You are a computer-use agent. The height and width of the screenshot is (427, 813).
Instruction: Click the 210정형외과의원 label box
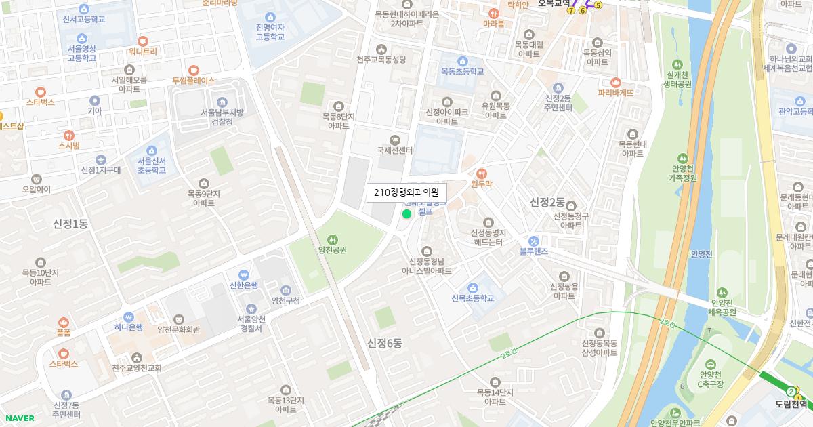click(x=406, y=193)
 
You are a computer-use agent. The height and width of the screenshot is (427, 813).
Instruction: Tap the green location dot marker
click(x=406, y=214)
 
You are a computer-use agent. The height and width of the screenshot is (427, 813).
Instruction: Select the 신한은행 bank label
click(x=244, y=285)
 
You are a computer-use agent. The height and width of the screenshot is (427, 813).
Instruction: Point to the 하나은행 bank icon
click(x=128, y=317)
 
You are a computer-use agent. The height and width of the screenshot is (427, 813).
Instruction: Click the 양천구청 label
click(x=285, y=300)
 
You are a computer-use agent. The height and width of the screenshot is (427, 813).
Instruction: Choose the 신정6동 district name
click(x=385, y=343)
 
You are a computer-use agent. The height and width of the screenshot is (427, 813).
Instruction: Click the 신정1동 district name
click(x=70, y=224)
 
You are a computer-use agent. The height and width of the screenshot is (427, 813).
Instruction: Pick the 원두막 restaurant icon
click(x=482, y=173)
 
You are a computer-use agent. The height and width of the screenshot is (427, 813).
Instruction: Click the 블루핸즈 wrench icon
click(x=534, y=241)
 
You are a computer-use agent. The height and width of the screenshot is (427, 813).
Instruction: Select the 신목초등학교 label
click(x=472, y=298)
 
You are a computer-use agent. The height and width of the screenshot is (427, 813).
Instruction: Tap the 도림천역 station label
click(x=792, y=404)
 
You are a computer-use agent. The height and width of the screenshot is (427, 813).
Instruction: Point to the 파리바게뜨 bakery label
click(x=615, y=92)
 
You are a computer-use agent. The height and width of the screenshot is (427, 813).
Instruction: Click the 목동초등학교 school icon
click(x=463, y=61)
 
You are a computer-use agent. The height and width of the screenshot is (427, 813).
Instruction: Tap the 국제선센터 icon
click(x=395, y=140)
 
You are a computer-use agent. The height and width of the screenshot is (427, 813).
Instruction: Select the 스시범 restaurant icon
click(x=68, y=135)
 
